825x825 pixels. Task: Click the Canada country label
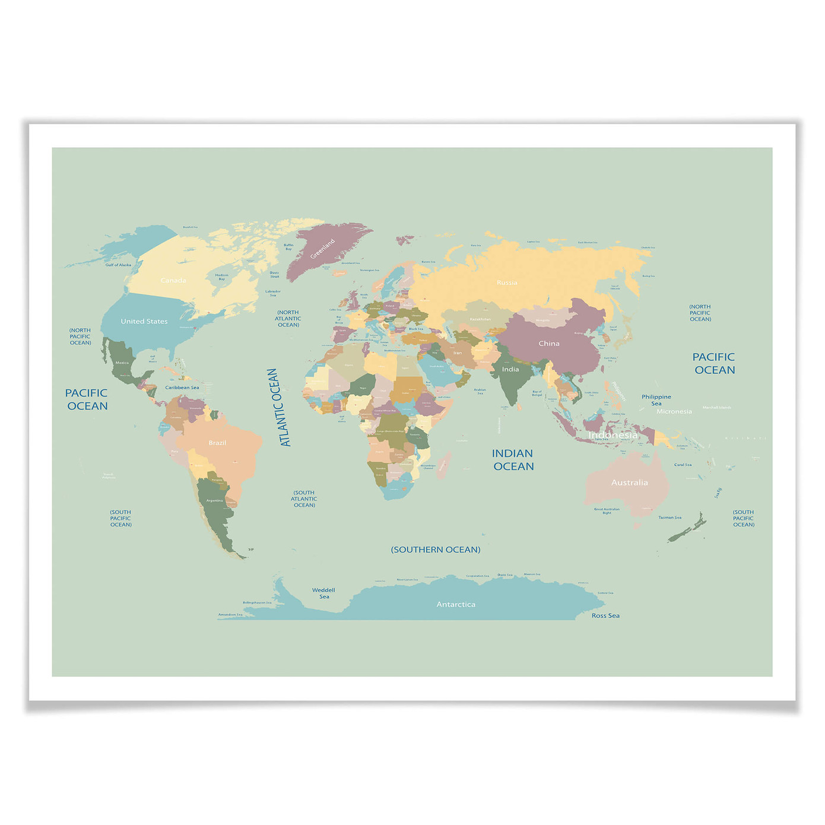click(173, 280)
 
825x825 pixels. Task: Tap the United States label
click(144, 321)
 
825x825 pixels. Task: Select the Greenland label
click(323, 249)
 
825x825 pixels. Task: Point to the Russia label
click(507, 283)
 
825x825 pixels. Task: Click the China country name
click(549, 343)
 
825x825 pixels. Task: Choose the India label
click(510, 369)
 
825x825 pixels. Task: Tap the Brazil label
click(217, 443)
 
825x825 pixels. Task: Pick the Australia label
click(630, 483)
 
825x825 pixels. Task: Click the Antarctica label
click(456, 604)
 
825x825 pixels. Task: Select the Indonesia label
click(613, 435)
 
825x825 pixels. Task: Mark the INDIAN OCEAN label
click(513, 460)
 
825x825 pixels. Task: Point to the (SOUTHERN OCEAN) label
click(436, 550)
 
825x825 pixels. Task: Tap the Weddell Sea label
click(323, 593)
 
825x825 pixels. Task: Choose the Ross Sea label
click(605, 615)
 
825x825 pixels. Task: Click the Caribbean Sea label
click(182, 388)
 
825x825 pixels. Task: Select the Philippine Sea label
click(656, 400)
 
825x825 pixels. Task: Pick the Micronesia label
click(674, 411)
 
